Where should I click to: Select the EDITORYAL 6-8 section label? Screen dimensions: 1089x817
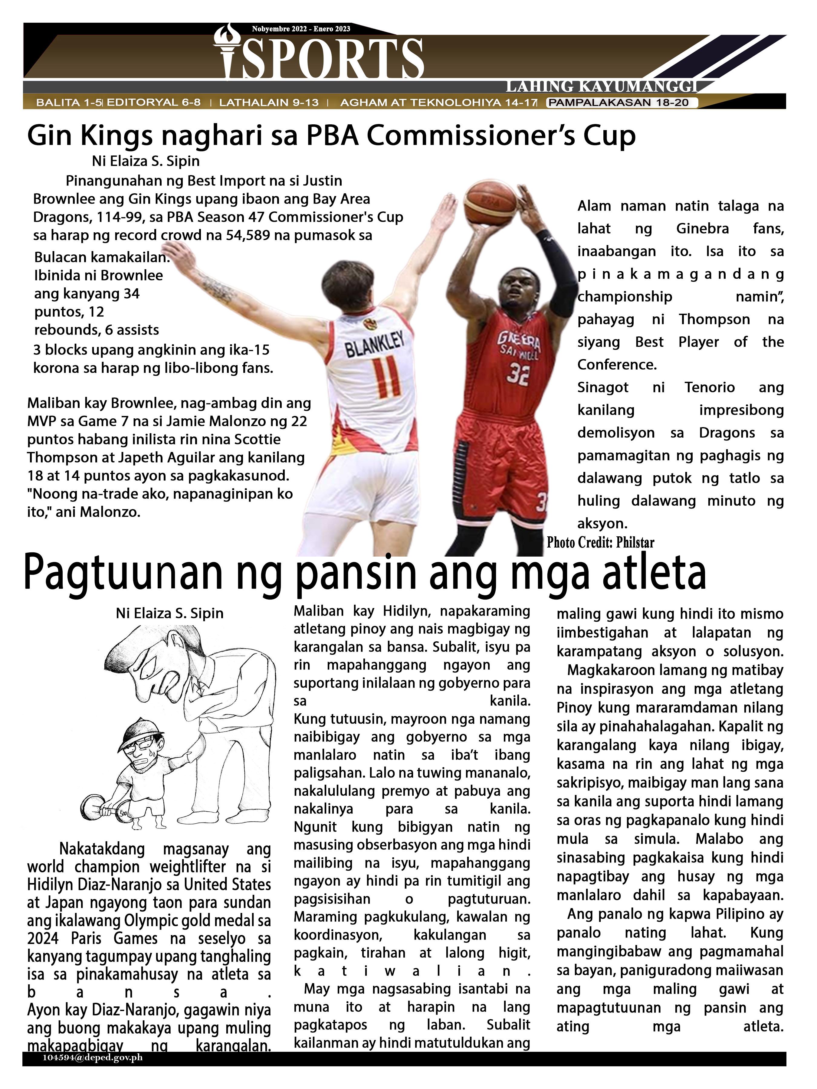pos(154,103)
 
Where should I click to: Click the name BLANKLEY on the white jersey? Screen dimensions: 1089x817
pos(374,343)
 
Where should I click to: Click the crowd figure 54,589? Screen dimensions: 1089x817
pos(248,235)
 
